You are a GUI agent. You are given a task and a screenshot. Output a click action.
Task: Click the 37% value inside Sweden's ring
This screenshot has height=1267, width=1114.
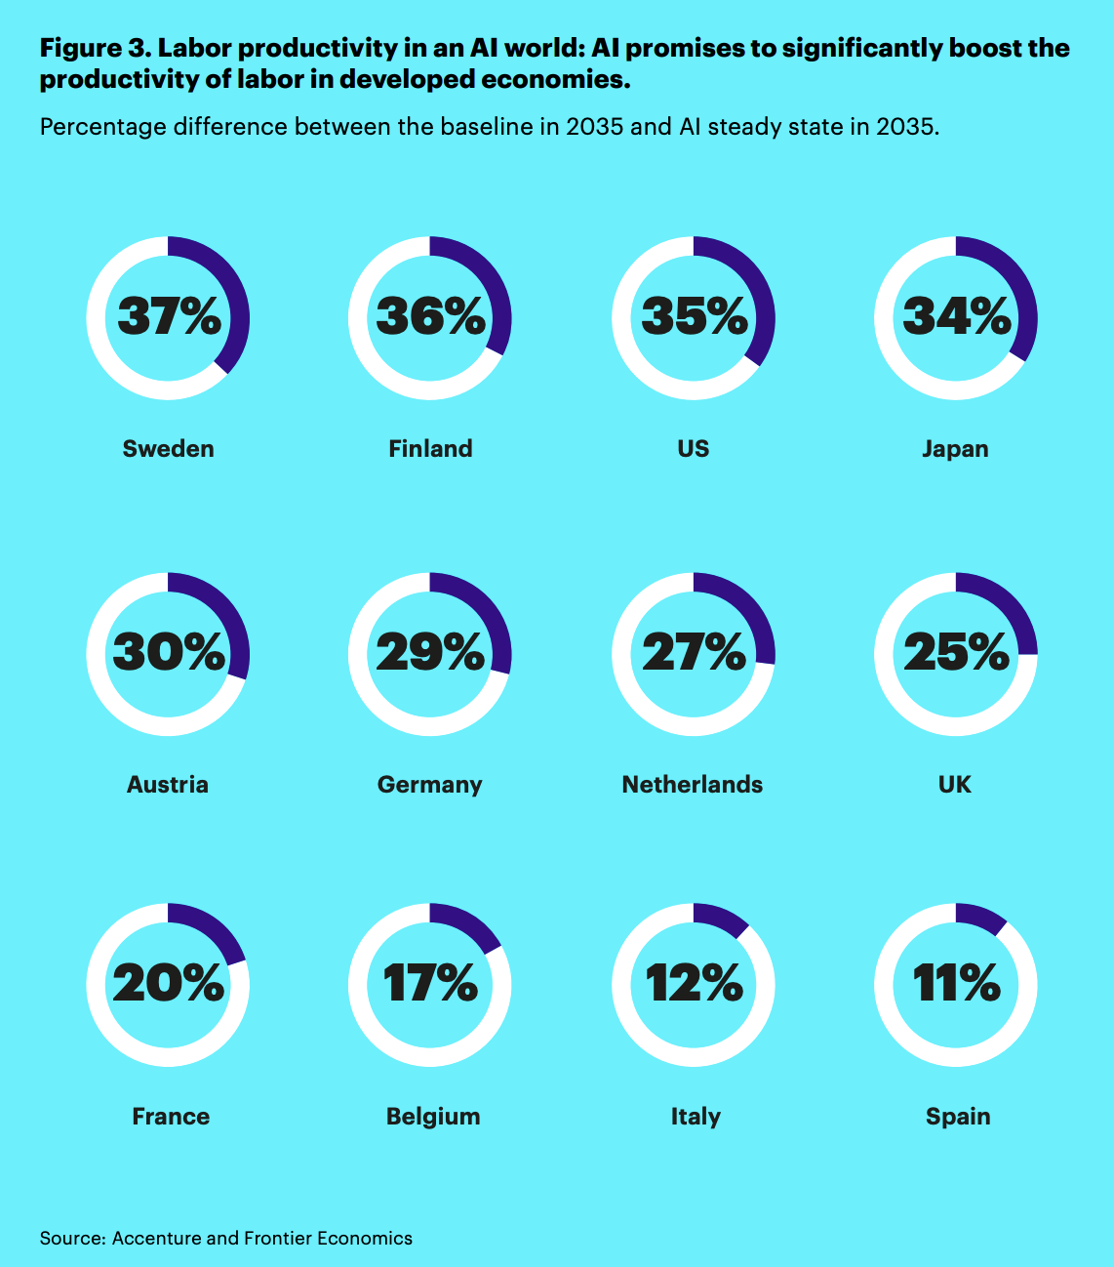[170, 316]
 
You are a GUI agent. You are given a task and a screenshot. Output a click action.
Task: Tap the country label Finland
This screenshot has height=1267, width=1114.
[430, 449]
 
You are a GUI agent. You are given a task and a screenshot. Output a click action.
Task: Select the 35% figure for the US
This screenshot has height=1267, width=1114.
[694, 316]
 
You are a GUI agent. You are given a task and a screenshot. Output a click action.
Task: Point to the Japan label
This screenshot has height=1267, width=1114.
[955, 449]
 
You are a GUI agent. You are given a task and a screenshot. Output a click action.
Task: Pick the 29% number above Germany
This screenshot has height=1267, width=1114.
[430, 652]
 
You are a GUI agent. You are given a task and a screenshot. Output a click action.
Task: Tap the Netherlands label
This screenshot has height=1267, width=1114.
[693, 785]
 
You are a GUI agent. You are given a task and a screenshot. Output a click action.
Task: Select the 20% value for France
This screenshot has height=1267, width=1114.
[168, 983]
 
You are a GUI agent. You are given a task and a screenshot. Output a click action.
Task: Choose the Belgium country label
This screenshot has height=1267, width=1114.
[433, 1117]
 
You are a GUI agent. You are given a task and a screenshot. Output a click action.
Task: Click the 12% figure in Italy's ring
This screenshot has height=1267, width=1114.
[694, 983]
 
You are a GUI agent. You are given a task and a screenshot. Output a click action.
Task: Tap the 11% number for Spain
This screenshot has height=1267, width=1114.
[956, 983]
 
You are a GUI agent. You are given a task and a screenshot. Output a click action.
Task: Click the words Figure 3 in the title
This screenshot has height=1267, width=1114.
[93, 48]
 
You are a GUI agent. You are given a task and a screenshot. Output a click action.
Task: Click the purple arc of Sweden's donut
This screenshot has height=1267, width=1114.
[232, 293]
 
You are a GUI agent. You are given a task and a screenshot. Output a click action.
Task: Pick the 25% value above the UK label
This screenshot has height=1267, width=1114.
[956, 652]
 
